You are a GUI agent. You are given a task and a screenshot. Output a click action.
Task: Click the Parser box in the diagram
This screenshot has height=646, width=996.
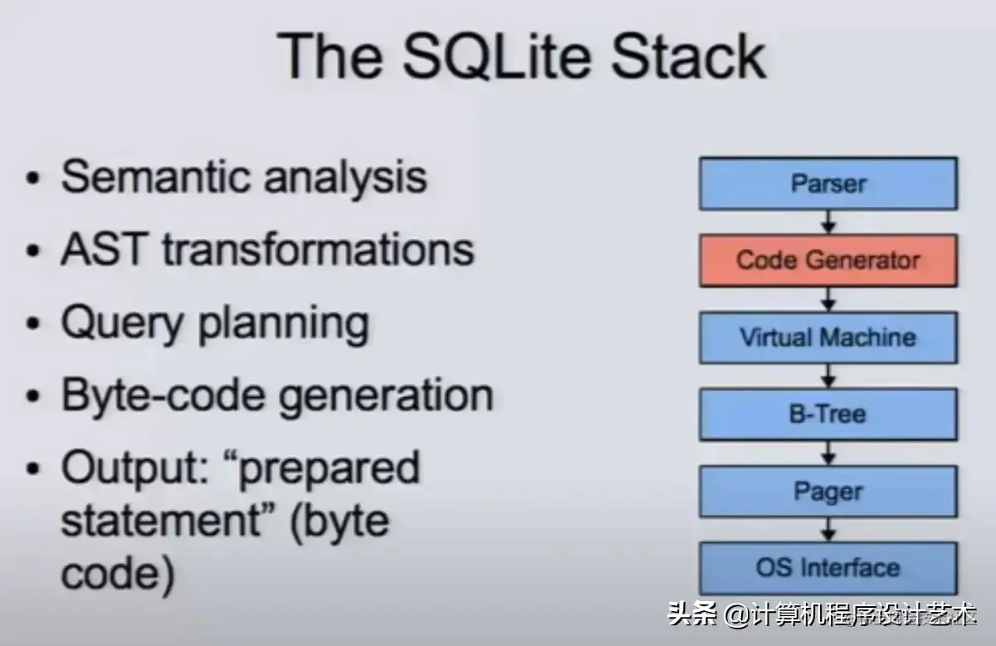[x=828, y=184]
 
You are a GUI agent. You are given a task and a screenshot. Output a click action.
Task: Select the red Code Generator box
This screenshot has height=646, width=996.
[x=828, y=260]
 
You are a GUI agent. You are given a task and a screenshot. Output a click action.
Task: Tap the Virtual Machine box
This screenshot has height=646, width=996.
[x=828, y=337]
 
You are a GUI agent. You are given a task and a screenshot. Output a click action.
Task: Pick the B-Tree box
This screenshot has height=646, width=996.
[x=828, y=414]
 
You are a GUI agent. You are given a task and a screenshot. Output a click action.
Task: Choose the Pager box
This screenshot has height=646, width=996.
[x=828, y=491]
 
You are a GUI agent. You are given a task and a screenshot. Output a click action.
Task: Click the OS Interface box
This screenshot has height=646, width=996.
[x=828, y=568]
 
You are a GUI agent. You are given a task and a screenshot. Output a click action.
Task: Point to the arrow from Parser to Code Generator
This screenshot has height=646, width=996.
[x=828, y=222]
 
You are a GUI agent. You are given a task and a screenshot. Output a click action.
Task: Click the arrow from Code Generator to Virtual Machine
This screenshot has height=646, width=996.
[x=828, y=299]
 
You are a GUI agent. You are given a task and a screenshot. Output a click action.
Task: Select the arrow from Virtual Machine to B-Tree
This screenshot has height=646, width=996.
[x=828, y=375]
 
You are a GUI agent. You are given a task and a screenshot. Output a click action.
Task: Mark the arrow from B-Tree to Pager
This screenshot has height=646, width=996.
[x=828, y=453]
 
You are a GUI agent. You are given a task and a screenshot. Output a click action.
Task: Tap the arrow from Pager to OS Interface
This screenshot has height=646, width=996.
[x=828, y=529]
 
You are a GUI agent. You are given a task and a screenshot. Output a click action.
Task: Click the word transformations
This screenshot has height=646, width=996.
[x=318, y=249]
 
